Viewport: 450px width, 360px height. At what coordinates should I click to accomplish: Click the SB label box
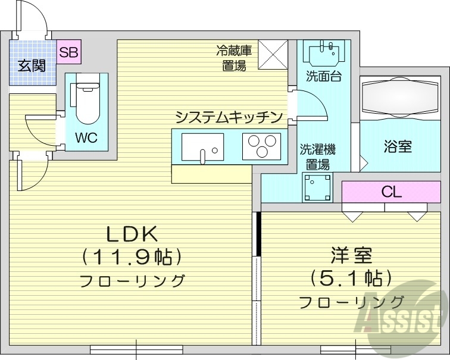(69, 52)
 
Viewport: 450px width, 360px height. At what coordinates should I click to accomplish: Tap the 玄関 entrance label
(32, 65)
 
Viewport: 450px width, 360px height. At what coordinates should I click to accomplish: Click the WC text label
(86, 137)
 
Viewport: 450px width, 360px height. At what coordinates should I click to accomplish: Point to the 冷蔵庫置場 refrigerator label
(234, 58)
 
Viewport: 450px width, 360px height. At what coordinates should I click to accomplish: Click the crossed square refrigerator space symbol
(273, 54)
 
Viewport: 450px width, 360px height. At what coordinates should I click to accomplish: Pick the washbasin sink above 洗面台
(324, 52)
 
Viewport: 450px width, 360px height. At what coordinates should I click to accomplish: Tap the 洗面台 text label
(324, 77)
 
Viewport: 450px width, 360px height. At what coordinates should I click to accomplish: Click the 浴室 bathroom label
(397, 146)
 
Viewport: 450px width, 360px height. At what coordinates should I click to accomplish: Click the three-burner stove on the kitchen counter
(261, 146)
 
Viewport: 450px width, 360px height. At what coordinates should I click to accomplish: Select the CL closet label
(392, 192)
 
